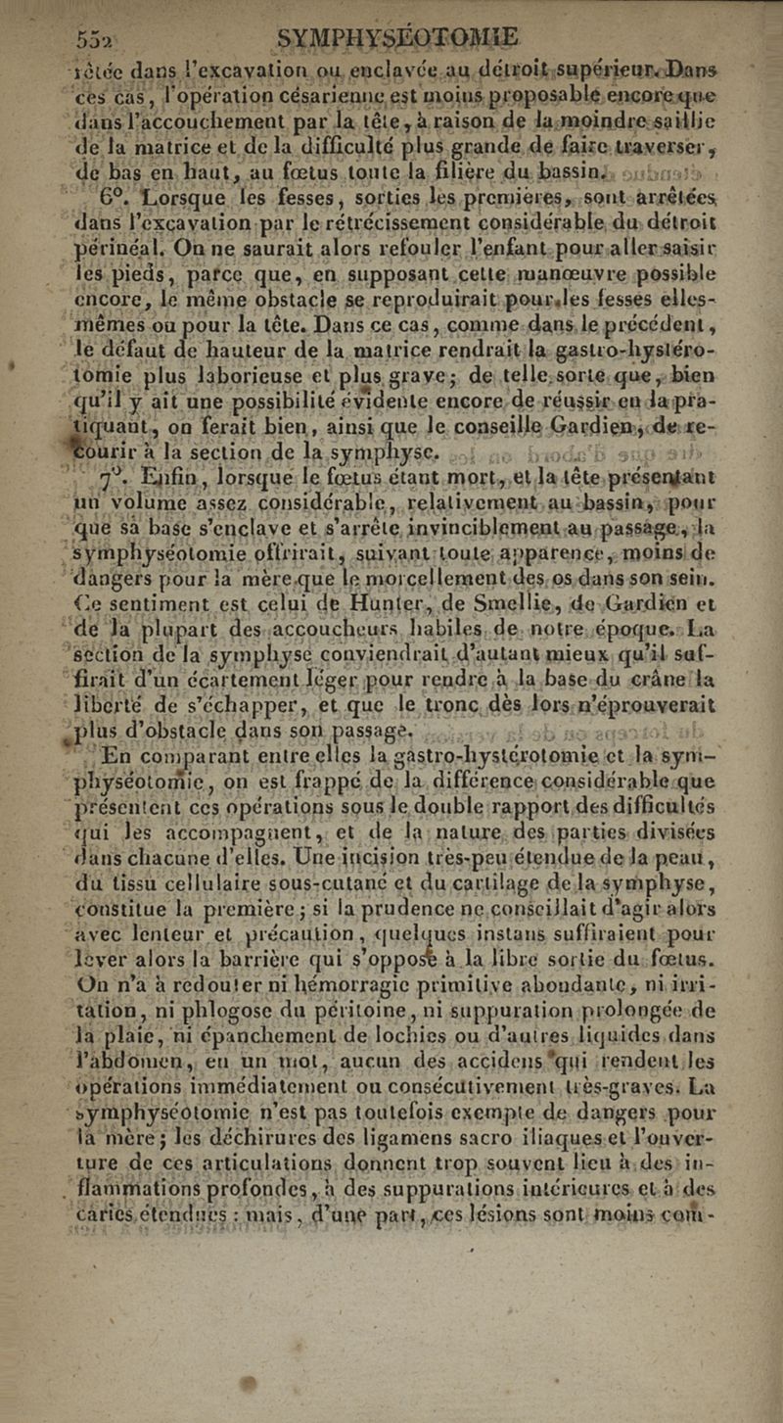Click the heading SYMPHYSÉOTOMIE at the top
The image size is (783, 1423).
pos(399,39)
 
